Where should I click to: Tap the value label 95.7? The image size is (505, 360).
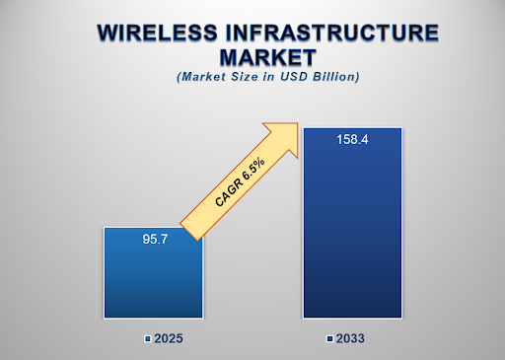(153, 239)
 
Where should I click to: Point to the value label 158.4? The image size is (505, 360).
(351, 140)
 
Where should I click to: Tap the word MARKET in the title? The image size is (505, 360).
(253, 58)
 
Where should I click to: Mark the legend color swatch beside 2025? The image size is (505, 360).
(147, 338)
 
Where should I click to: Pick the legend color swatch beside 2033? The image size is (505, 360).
(331, 338)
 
